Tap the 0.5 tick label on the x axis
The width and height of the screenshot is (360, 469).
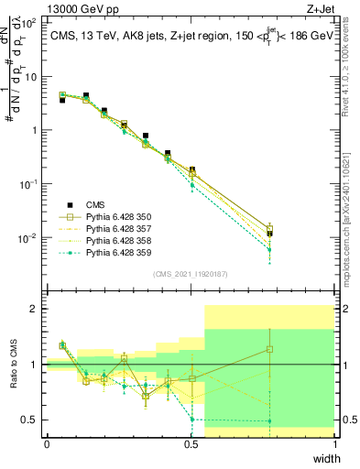(x=191, y=443)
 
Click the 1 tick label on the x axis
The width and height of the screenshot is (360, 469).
(x=334, y=443)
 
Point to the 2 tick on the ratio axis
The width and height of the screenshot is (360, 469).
(x=37, y=309)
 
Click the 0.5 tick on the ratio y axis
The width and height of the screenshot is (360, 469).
(x=33, y=420)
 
